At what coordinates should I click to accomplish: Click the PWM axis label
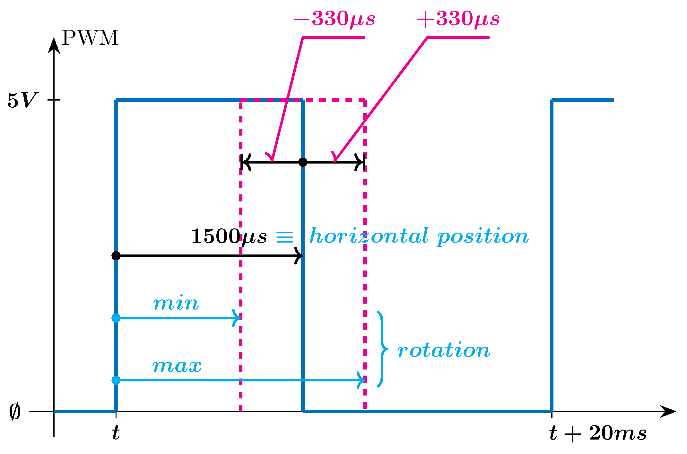pyautogui.click(x=90, y=38)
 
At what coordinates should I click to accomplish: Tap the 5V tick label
pyautogui.click(x=22, y=100)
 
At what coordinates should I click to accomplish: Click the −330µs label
pyautogui.click(x=334, y=19)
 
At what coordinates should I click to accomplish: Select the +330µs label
pyautogui.click(x=458, y=19)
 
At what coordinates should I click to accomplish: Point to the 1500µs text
pyautogui.click(x=229, y=237)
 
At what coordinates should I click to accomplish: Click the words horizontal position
pyautogui.click(x=419, y=236)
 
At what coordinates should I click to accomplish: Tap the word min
pyautogui.click(x=176, y=303)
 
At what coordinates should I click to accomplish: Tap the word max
pyautogui.click(x=177, y=366)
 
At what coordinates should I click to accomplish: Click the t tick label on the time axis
pyautogui.click(x=116, y=433)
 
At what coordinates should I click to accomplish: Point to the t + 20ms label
pyautogui.click(x=598, y=433)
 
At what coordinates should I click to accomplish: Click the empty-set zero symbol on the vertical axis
pyautogui.click(x=15, y=412)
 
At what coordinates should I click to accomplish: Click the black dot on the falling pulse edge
pyautogui.click(x=303, y=162)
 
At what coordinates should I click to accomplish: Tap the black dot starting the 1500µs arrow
pyautogui.click(x=116, y=256)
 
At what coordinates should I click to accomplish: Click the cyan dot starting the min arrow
pyautogui.click(x=116, y=318)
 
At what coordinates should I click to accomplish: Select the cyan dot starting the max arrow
pyautogui.click(x=116, y=380)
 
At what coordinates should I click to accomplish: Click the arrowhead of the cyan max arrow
pyautogui.click(x=361, y=380)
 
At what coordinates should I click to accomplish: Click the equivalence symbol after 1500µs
pyautogui.click(x=285, y=237)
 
